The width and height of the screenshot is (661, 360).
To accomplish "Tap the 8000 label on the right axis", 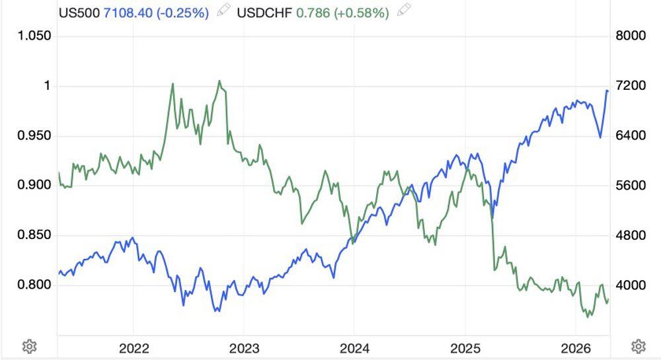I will coord(629,36).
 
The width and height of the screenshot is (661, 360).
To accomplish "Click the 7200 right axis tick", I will coord(629,86).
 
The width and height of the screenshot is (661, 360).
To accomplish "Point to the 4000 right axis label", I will coord(629,285).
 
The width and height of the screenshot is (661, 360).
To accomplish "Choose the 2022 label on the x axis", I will coord(133,347).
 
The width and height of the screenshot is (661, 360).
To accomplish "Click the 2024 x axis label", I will coord(353,347).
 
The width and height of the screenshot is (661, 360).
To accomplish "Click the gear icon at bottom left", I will coord(28,346).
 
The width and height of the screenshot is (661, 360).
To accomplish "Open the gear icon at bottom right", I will coord(638,346).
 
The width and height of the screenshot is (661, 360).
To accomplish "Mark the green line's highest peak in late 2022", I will coord(219,81).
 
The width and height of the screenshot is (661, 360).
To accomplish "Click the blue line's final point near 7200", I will coord(607,90).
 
